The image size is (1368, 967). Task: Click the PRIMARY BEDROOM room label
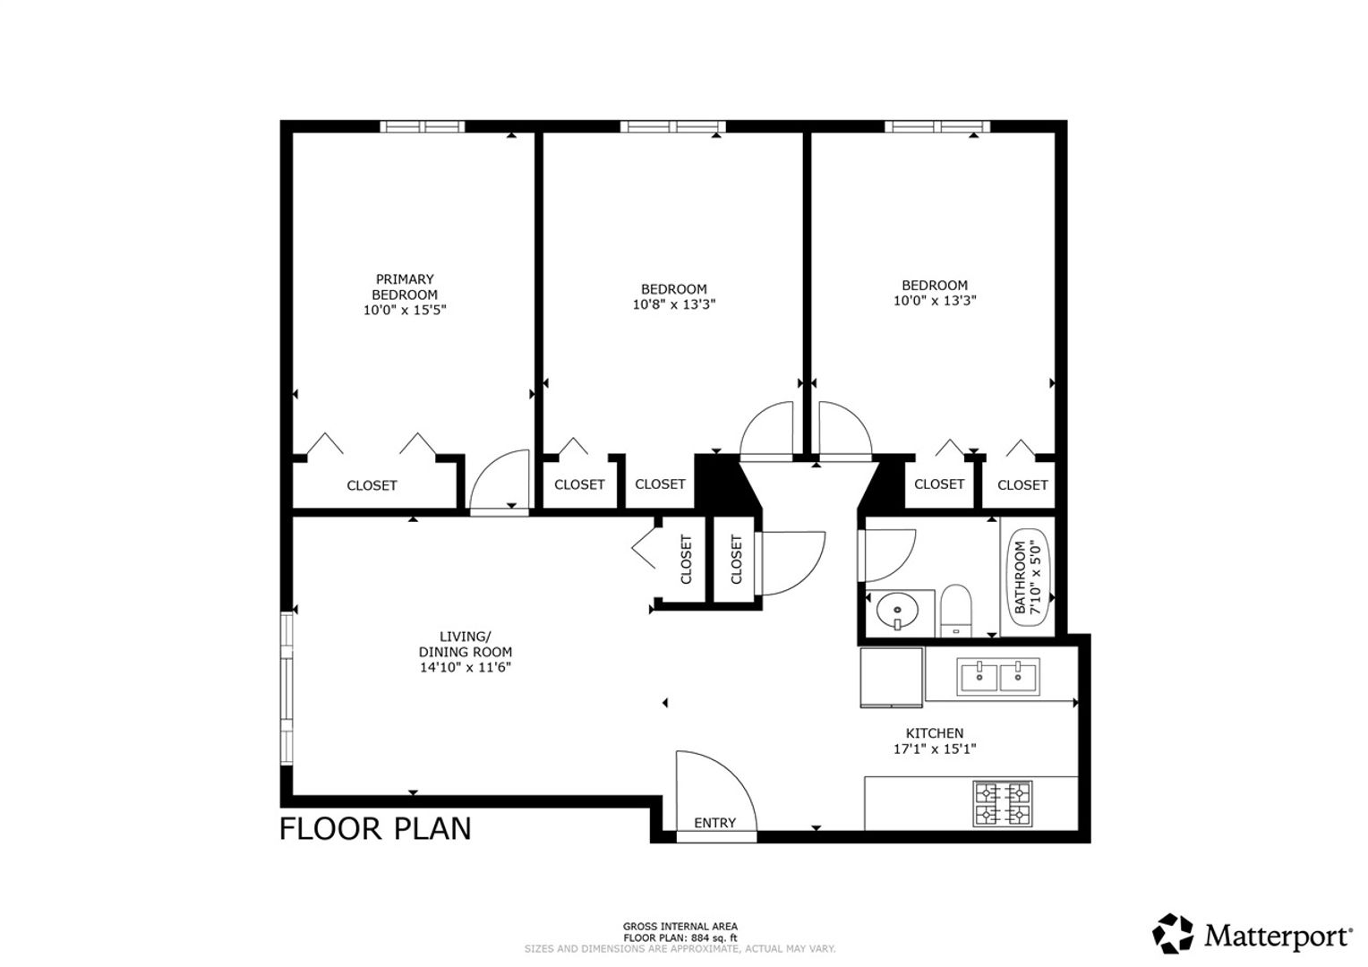point(405,287)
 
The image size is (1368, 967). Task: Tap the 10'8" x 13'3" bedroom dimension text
point(673,304)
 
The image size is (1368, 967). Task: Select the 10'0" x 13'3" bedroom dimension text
point(935,301)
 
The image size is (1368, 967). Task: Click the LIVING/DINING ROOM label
point(465,644)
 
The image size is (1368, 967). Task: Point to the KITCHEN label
point(935,733)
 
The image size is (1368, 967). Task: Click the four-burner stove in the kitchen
point(1003,803)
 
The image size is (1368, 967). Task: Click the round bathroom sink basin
point(897,609)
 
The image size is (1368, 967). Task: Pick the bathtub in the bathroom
point(1029,577)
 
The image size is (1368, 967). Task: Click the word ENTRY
point(714,823)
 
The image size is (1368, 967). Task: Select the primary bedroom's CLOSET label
point(372,485)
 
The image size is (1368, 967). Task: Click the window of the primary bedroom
point(422,126)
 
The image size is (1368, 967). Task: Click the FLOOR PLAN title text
point(375,829)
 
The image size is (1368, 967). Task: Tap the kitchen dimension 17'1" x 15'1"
point(935,749)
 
